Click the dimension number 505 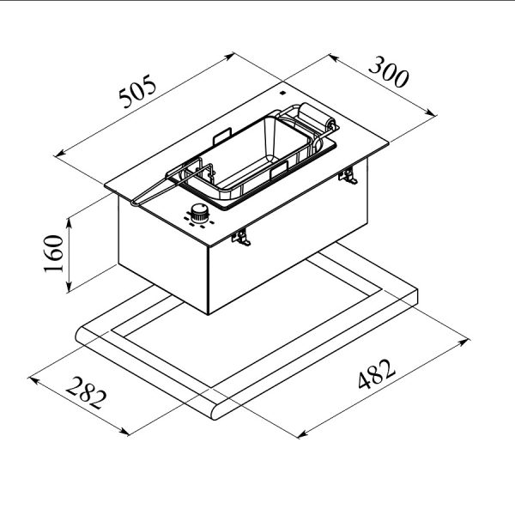[137, 91]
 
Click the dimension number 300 [389, 72]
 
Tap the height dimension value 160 [53, 253]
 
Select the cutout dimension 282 [87, 393]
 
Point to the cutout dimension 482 [377, 374]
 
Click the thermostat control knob [200, 213]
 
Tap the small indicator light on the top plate [282, 93]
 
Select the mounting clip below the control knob [241, 237]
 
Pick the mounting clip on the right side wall [348, 176]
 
